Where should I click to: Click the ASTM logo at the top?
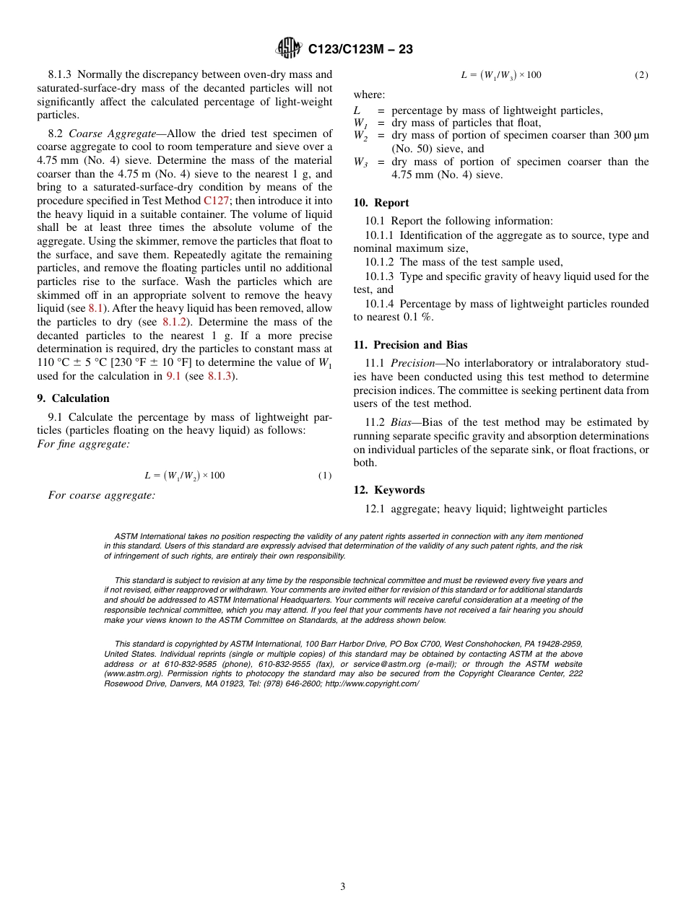[x=289, y=48]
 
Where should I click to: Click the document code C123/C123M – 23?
[x=360, y=49]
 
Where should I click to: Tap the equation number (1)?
[x=325, y=476]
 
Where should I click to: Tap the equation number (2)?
[x=641, y=75]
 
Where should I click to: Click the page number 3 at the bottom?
[x=343, y=887]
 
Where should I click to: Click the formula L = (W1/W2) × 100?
[x=184, y=476]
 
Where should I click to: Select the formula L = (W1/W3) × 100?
[x=501, y=75]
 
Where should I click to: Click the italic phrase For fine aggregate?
[x=83, y=444]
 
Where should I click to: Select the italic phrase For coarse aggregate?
[x=102, y=495]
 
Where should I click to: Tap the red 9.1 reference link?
[x=173, y=376]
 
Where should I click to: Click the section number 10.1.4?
[x=381, y=304]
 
